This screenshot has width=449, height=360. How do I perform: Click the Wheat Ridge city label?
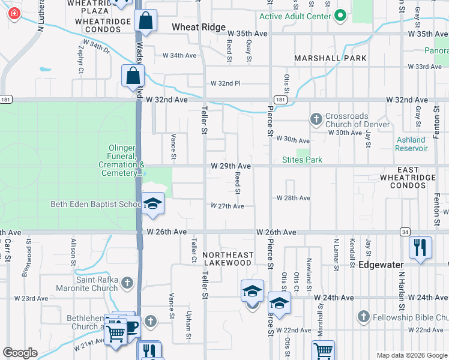point(199,27)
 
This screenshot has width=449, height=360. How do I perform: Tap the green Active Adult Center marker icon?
point(340,15)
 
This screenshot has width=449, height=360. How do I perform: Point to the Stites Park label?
point(302,160)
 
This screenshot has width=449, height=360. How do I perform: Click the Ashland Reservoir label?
point(411,144)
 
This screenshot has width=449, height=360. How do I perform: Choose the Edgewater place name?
point(384,264)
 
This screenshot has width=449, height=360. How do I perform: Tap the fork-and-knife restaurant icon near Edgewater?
point(420,248)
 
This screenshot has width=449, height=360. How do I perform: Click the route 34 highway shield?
point(406,232)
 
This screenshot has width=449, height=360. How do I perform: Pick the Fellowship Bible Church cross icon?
point(363,316)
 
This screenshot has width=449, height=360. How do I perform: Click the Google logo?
point(20,353)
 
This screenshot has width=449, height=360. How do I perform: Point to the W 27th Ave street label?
point(227,206)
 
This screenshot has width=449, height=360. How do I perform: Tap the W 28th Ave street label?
point(293,198)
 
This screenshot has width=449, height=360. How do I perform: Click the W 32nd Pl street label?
point(225,83)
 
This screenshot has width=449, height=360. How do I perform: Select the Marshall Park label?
point(322,58)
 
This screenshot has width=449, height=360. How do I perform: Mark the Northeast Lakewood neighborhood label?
point(227,259)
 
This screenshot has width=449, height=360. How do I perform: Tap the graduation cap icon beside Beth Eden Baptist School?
point(152,205)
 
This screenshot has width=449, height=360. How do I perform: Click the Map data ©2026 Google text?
point(412,355)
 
